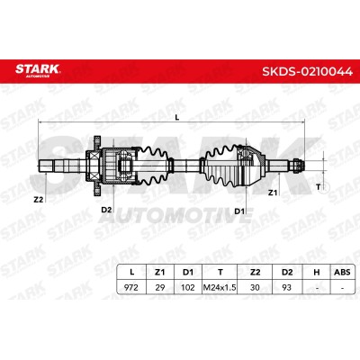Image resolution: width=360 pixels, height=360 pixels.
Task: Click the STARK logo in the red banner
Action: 38,71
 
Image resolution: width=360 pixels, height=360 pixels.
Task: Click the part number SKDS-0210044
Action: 308,72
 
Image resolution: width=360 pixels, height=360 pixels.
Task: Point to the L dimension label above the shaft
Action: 177,118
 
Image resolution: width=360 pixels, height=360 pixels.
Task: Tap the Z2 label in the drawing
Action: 39,200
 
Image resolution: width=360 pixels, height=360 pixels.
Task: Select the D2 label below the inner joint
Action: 106,210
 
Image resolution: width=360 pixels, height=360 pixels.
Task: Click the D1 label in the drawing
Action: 239,211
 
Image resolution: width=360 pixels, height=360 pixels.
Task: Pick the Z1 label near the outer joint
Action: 273,193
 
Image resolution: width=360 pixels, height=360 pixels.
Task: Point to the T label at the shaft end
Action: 319,187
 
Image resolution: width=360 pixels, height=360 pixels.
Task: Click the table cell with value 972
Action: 131,287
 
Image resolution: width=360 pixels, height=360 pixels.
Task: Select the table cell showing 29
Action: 160,287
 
